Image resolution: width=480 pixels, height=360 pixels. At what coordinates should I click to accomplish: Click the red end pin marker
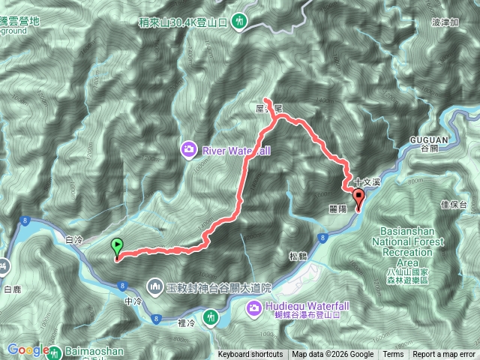point(358,199)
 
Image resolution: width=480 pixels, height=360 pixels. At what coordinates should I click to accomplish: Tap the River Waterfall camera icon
point(187,148)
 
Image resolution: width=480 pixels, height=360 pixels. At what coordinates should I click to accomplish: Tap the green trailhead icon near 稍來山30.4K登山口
point(240,21)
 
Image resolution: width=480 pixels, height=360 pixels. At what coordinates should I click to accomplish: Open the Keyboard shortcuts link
point(250,355)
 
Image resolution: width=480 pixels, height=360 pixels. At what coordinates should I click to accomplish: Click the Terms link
point(393,355)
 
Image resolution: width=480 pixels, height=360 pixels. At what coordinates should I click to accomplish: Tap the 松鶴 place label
point(298,256)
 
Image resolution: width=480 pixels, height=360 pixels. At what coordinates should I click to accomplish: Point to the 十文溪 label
point(368,181)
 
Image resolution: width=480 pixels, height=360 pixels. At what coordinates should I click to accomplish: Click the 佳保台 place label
point(455,204)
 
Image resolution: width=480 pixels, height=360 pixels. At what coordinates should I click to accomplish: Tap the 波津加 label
point(445,23)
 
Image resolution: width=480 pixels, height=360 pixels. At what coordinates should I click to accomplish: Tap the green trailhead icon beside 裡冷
point(212,317)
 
